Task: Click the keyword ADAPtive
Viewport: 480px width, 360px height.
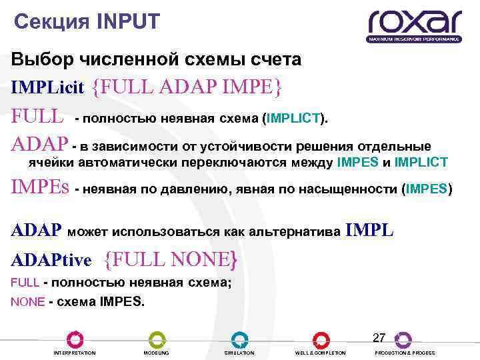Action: [51, 259]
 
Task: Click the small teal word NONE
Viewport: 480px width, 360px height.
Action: [27, 301]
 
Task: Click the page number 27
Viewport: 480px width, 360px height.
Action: [379, 337]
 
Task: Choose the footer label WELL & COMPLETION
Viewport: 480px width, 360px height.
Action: [321, 353]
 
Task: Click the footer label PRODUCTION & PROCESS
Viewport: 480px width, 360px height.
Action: [405, 353]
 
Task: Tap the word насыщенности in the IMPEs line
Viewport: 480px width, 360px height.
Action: [347, 189]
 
